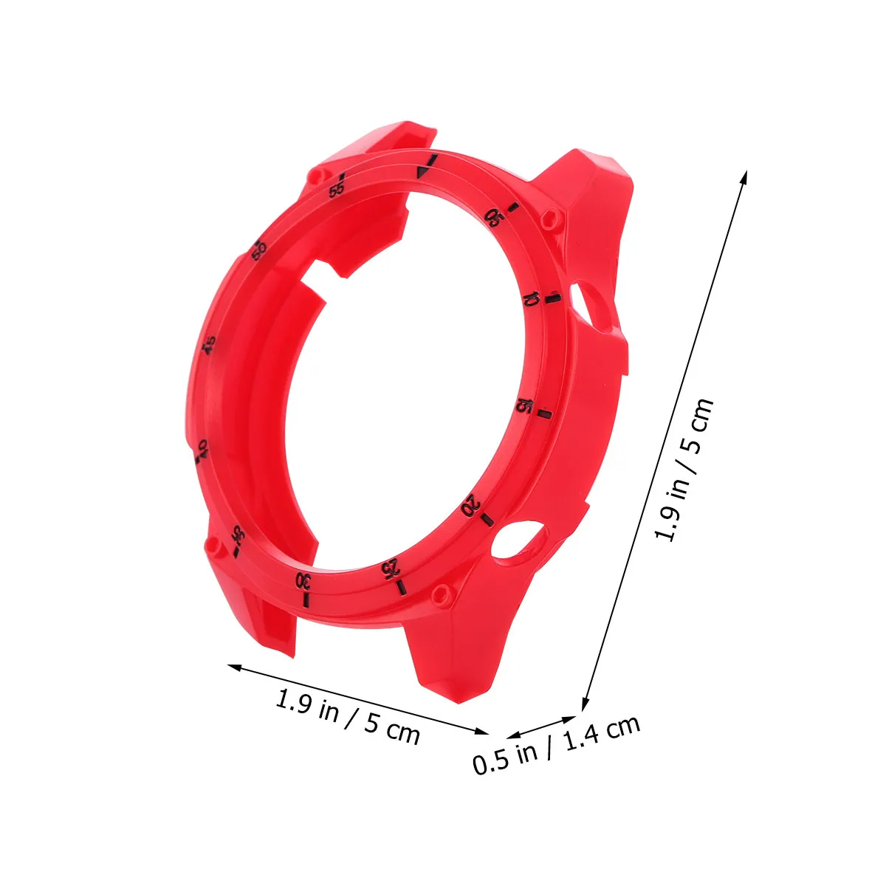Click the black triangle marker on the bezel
pyautogui.click(x=422, y=174)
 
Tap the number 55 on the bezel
pyautogui.click(x=337, y=190)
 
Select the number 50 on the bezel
pyautogui.click(x=259, y=250)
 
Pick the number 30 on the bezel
pyautogui.click(x=303, y=581)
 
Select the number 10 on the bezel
pyautogui.click(x=532, y=299)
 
